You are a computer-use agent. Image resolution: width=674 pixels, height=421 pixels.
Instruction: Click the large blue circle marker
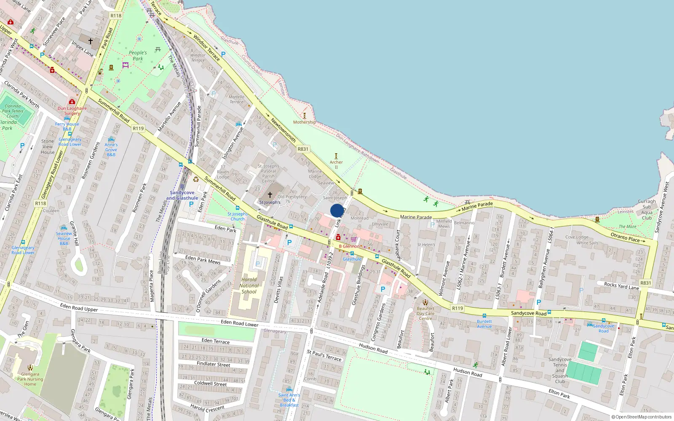pos(337,210)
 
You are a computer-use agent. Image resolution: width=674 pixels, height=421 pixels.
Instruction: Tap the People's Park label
pos(138,56)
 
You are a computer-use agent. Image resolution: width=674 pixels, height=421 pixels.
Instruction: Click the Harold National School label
pos(249,285)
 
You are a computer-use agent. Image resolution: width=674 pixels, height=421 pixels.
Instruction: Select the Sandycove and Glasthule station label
pos(182,195)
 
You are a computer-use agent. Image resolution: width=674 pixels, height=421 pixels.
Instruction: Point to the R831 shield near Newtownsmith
pos(303,149)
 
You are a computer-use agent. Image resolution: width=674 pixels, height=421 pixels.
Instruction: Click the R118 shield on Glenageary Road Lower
pos(40,203)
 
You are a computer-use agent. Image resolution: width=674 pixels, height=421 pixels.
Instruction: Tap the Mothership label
pos(304,122)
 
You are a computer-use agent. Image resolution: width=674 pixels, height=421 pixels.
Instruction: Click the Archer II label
pos(336,164)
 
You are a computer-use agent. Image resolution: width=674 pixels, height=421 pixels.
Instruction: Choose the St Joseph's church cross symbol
pos(270,195)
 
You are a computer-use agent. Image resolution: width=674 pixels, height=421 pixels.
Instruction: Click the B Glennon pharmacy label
pos(349,246)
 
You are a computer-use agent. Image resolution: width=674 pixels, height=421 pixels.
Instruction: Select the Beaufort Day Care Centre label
pos(425,313)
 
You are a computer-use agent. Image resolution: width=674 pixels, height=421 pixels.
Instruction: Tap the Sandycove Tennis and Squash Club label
pos(560,370)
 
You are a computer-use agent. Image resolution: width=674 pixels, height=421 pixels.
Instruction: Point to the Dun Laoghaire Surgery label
pos(72,111)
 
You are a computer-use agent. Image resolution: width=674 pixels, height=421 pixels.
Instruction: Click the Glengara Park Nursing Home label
pos(30,379)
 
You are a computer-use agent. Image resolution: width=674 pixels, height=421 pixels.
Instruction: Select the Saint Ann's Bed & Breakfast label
pos(289,400)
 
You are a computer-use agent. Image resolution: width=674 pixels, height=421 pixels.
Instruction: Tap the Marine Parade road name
pos(416,217)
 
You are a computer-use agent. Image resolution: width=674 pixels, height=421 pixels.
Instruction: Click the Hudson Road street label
pos(373,348)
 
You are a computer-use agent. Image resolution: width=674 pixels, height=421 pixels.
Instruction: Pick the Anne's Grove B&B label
pos(111,149)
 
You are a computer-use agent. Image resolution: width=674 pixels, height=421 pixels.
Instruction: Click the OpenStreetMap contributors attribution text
pos(642,417)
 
